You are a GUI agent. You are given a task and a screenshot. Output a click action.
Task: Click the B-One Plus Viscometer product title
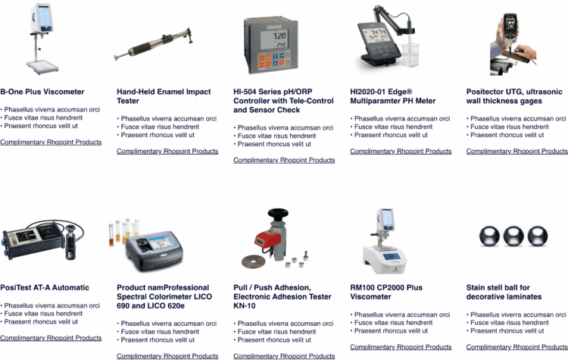pos(42,92)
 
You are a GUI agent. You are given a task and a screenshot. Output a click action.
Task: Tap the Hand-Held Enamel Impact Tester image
pos(153,45)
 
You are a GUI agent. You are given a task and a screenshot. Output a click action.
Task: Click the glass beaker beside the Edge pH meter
pos(410,55)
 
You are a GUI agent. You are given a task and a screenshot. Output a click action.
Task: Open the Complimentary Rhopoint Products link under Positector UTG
pos(517,151)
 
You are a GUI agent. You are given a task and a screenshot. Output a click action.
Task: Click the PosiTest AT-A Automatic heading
pos(45,287)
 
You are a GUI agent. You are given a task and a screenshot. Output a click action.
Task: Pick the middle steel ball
pos(513,236)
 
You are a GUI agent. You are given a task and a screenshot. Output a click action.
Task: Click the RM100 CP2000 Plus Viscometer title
pos(386,292)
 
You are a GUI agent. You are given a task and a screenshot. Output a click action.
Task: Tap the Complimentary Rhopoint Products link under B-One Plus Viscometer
pos(51,142)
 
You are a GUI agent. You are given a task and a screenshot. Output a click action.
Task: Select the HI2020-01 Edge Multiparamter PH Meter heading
pos(392,96)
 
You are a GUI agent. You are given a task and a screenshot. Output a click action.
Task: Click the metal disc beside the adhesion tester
pos(253,261)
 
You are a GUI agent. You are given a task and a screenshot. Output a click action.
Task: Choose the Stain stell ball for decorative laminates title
pos(504,292)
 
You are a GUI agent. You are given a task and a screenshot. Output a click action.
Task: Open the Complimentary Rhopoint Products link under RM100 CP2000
pos(401,347)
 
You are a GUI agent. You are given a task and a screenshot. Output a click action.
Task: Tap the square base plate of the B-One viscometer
pos(42,67)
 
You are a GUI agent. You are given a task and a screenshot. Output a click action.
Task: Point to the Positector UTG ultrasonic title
pos(514,96)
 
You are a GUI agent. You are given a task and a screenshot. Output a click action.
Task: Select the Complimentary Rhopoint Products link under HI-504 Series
pos(284,160)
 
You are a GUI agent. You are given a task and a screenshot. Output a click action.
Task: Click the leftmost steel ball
pos(489,236)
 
